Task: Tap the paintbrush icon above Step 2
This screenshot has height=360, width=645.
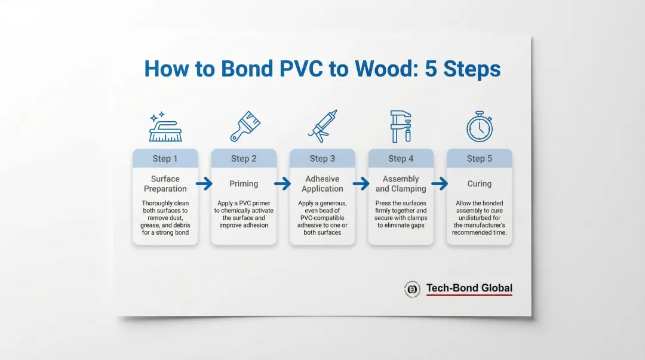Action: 244,127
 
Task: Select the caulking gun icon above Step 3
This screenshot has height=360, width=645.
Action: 322,126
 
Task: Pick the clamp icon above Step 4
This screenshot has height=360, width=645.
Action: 401,126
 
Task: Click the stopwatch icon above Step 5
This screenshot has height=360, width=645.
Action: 479,127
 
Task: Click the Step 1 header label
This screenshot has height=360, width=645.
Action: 165,159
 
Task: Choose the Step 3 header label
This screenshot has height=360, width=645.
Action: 322,159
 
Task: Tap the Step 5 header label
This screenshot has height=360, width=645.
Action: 480,159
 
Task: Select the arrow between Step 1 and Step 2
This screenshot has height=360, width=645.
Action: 204,184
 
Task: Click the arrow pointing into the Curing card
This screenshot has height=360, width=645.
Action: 440,184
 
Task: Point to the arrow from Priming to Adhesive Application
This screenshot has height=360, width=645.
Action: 282,184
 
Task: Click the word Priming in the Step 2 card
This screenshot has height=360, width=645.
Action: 244,184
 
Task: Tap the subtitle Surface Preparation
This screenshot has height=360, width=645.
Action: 165,184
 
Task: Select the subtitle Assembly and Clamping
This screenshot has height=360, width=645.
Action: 401,184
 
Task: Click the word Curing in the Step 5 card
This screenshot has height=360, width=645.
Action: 480,184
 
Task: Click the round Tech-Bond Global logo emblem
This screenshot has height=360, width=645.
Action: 411,289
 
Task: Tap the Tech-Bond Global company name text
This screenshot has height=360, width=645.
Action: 469,288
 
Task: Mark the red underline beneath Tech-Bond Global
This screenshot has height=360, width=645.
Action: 469,295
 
